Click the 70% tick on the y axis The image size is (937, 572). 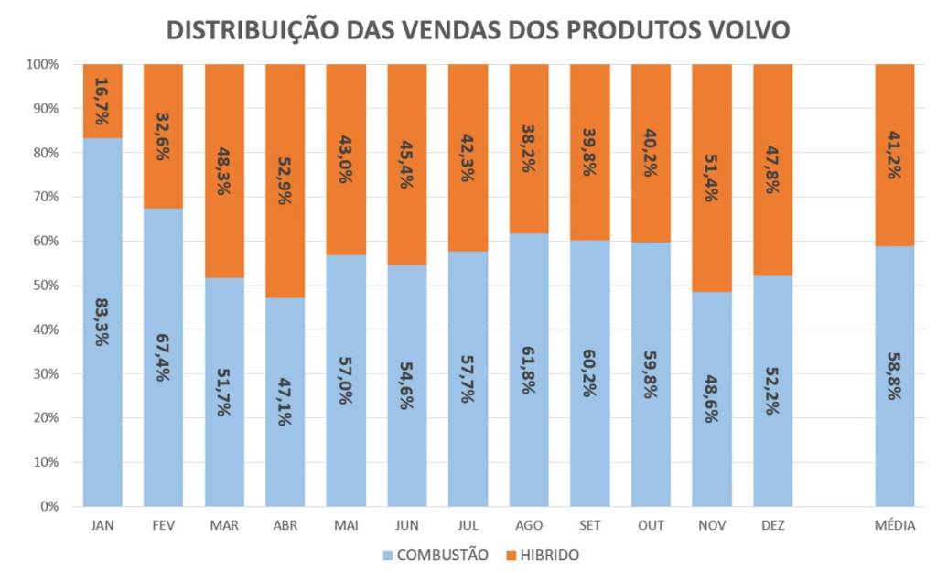click(44, 197)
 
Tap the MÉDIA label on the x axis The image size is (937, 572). click(895, 526)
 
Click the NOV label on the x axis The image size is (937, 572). click(711, 526)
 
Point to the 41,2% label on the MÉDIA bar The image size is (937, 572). click(895, 155)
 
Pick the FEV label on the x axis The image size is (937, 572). click(163, 526)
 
